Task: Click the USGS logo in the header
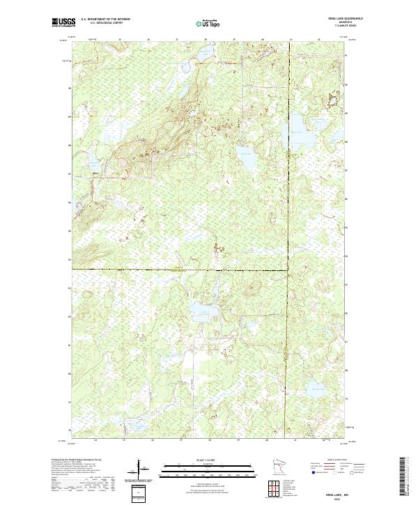(x=63, y=23)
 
